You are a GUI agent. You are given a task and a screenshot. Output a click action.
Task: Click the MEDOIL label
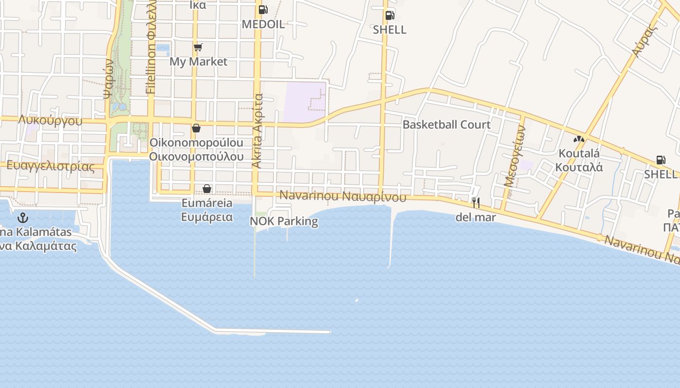point(263,24)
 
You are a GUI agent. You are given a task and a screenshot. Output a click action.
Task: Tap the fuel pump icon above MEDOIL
point(263,9)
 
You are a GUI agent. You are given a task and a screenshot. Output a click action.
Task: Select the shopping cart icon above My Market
point(198,47)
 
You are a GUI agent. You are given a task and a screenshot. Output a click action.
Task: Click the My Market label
point(198,62)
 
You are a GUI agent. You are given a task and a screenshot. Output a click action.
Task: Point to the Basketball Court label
point(446,125)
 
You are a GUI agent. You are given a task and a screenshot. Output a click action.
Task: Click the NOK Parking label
point(284,221)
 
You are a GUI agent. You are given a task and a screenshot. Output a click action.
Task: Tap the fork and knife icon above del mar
point(476,202)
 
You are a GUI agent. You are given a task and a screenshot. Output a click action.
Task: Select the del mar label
point(476,217)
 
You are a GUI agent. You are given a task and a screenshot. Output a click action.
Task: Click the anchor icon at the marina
point(22,217)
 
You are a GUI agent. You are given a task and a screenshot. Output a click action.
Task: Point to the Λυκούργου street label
point(50,121)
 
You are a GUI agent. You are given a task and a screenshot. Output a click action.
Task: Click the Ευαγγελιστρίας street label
point(50,166)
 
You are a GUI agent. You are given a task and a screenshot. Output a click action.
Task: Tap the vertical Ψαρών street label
point(108,79)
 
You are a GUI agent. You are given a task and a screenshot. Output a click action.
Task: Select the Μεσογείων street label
point(515,156)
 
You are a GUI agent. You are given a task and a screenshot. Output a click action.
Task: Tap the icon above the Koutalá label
point(578,139)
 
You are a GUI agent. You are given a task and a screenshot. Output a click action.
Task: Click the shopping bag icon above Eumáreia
point(207,189)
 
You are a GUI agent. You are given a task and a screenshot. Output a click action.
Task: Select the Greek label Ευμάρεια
point(207,217)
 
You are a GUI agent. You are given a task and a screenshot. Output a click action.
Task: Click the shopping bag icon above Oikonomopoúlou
point(196,128)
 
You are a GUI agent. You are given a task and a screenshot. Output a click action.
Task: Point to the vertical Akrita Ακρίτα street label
point(257,131)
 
